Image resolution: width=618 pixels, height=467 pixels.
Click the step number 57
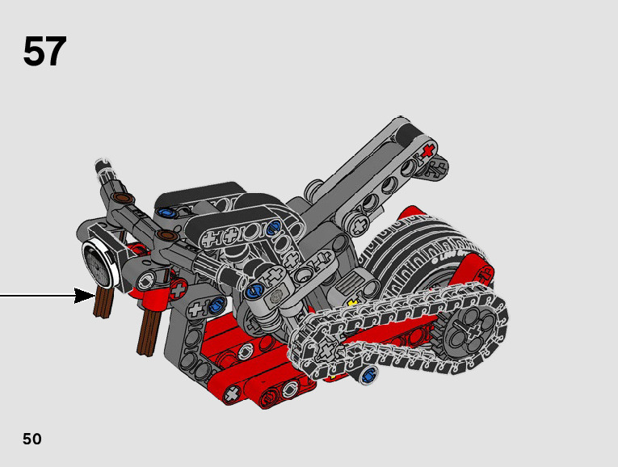[44, 51]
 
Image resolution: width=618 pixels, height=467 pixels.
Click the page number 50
[32, 439]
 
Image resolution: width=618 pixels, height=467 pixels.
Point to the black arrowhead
[84, 296]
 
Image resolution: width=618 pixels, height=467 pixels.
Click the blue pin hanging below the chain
[368, 373]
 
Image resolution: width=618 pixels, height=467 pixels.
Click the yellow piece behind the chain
[352, 303]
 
